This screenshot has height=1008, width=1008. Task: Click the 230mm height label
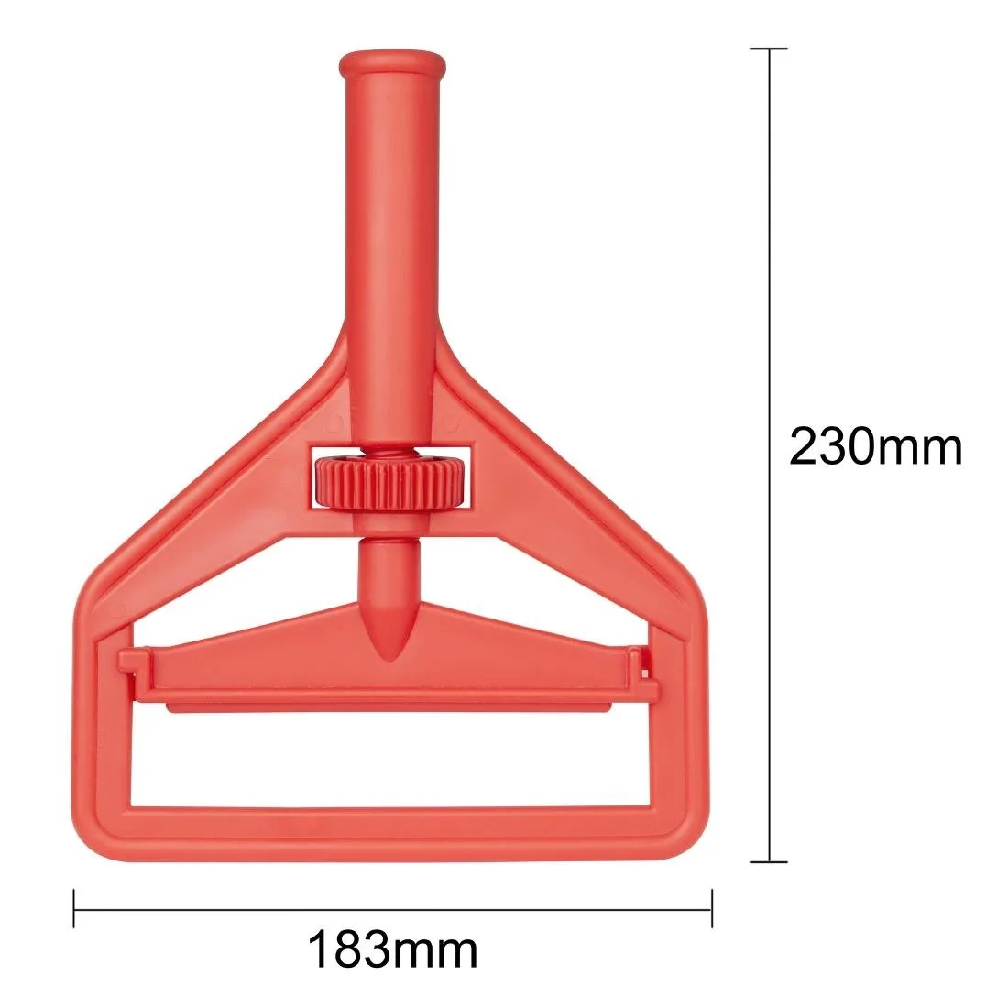(875, 448)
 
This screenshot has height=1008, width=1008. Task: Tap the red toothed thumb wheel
(391, 481)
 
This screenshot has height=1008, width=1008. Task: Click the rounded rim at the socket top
(392, 65)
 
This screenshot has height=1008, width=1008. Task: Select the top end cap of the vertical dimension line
(769, 49)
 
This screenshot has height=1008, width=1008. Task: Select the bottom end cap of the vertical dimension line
(769, 860)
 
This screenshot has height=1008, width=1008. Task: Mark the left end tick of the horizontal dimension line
(73, 910)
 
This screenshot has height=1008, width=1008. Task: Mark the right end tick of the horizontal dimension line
(712, 910)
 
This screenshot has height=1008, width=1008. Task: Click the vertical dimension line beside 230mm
(769, 275)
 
